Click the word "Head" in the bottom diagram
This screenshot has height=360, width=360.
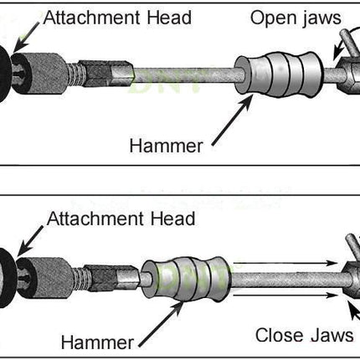tap(172, 219)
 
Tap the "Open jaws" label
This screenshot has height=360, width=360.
tap(296, 19)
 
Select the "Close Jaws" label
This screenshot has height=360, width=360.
tap(304, 335)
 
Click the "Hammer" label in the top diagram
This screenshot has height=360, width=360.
tap(166, 146)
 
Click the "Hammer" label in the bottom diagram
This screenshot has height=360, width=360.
tap(97, 342)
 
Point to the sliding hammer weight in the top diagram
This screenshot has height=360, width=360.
tap(279, 75)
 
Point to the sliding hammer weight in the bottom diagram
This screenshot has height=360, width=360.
tap(187, 280)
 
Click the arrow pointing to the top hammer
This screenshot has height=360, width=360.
tap(233, 120)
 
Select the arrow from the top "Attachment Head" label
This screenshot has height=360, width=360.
tap(27, 37)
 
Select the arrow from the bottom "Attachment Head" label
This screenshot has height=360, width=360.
tap(30, 241)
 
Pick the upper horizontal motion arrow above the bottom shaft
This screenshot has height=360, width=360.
tap(285, 263)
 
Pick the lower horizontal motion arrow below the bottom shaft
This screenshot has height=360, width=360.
tap(285, 295)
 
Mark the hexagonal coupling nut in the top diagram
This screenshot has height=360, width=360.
tap(107, 74)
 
